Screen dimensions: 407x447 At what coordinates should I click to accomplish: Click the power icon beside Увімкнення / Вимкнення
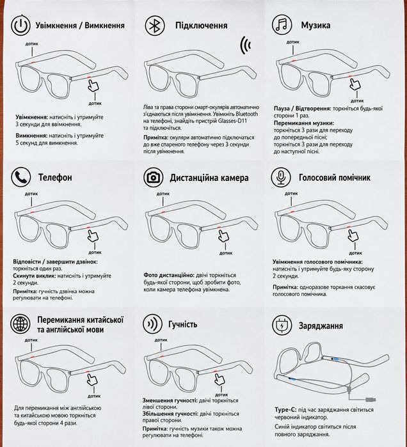[20, 25]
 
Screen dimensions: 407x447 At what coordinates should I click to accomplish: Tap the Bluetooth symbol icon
[155, 26]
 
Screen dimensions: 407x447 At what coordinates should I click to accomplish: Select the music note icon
[282, 24]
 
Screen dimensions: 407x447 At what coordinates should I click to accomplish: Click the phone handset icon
[21, 177]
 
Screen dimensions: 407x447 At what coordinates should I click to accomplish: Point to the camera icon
[154, 178]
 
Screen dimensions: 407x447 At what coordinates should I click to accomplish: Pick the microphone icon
[281, 177]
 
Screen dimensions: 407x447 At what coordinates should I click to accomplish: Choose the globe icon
[20, 324]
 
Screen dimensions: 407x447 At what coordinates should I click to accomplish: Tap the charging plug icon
[282, 325]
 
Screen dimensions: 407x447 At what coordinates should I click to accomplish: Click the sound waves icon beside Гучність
[153, 324]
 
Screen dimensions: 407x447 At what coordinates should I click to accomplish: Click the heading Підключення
[202, 26]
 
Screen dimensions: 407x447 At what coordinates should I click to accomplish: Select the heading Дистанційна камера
[209, 178]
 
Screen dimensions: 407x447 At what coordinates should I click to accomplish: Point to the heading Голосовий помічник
[335, 178]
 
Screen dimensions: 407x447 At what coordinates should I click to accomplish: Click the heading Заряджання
[321, 326]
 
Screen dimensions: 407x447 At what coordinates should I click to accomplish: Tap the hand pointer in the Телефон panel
[93, 236]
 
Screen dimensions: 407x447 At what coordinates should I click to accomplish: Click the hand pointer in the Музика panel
[355, 84]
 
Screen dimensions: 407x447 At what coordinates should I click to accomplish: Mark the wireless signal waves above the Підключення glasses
[246, 45]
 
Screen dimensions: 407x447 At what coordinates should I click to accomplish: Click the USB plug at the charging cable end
[371, 400]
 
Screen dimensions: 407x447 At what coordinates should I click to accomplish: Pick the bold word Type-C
[285, 410]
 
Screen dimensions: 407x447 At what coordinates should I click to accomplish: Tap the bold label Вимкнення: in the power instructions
[31, 136]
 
